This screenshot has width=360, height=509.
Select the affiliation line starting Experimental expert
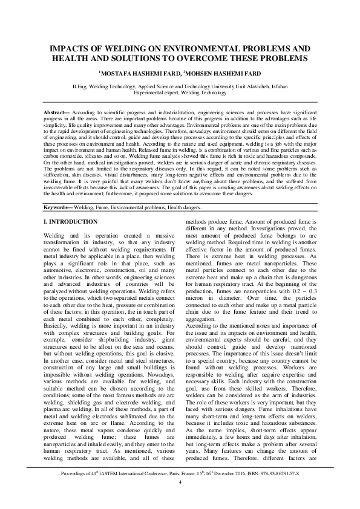click(x=180, y=93)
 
